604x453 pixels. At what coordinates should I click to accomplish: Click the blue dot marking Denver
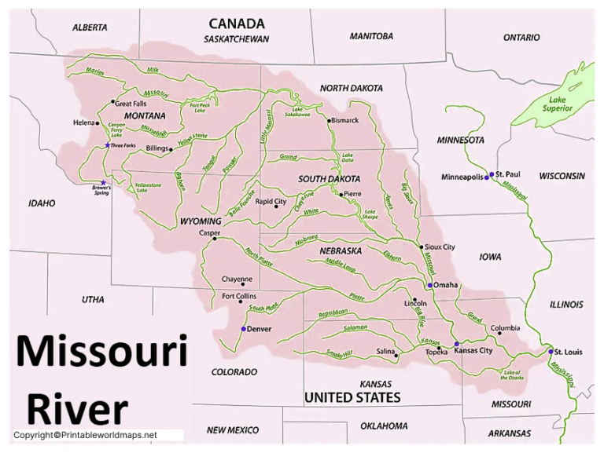243,329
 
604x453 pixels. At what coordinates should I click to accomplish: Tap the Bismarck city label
345,120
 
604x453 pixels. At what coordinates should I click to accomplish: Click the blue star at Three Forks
108,145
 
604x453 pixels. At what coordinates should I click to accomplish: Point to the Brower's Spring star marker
103,182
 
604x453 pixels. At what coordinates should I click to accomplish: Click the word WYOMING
201,221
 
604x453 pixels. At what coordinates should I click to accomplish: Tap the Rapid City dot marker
252,202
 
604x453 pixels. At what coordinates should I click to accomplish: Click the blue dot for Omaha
430,285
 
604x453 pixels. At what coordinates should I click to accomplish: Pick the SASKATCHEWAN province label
236,39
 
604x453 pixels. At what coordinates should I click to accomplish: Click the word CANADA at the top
236,24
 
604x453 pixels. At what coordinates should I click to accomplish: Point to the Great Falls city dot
113,102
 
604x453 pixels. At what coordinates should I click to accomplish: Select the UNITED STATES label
352,398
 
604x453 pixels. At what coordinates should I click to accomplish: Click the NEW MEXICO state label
233,430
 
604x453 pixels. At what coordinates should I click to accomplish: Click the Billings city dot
171,149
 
